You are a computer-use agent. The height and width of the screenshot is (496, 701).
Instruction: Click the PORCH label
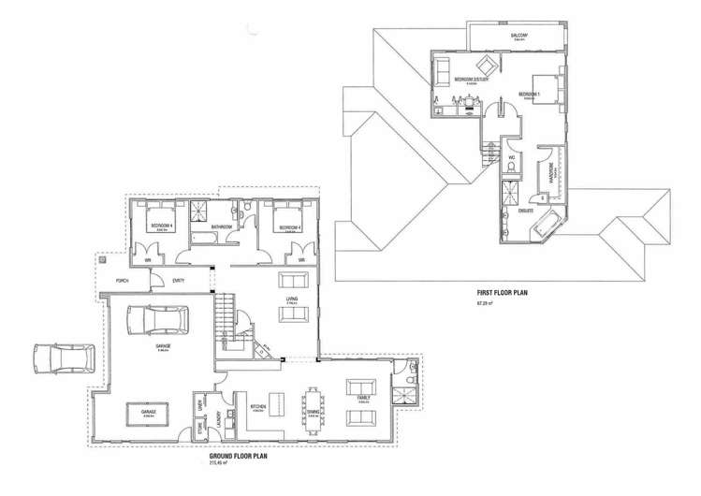coord(122,281)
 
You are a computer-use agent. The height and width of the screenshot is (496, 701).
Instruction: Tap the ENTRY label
coord(178,281)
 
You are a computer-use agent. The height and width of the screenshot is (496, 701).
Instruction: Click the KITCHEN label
coord(259,407)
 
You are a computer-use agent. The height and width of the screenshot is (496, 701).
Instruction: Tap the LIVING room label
coord(292,299)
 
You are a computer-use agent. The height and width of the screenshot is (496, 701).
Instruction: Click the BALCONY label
coord(520,36)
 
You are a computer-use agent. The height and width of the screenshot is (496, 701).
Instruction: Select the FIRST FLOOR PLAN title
coord(504,293)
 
